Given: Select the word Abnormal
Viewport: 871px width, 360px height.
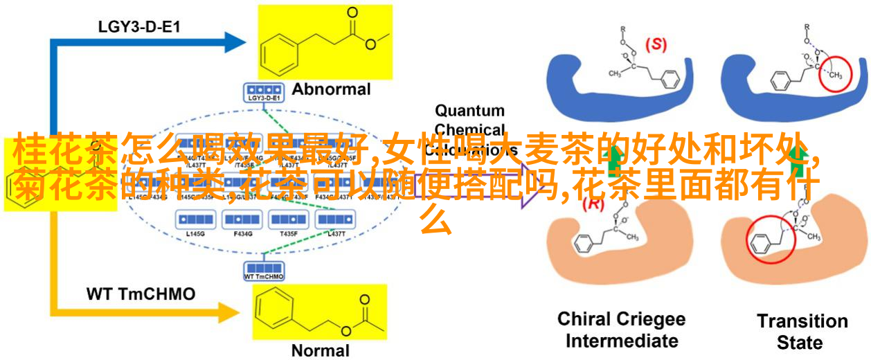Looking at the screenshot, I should (x=331, y=89).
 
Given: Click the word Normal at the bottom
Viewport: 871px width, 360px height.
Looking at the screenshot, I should (x=321, y=350).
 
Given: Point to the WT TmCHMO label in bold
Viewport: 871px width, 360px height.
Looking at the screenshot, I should (x=141, y=294).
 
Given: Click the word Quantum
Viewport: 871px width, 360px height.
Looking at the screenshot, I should (x=469, y=111).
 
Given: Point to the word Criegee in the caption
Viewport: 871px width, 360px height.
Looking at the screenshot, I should (x=651, y=320).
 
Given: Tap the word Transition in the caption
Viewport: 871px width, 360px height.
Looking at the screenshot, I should (x=802, y=321).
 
